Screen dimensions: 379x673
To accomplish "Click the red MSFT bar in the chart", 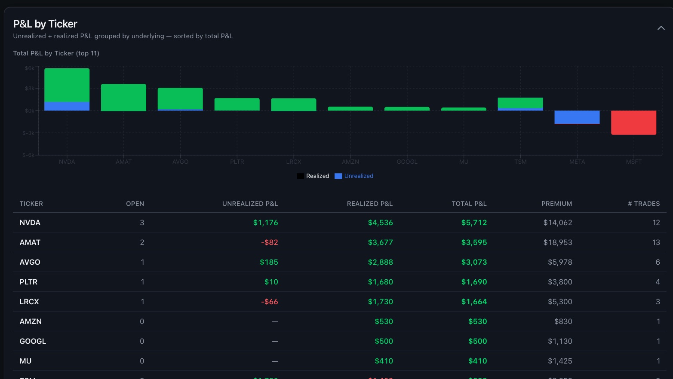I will coord(633,122).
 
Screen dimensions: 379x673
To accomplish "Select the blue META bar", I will coord(577,117).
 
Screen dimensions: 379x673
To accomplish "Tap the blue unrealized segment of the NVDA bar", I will coord(67,106).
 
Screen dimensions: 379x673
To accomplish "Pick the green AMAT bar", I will coord(123,98).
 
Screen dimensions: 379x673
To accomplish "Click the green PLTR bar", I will coord(237,104).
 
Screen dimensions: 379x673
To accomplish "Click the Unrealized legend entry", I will coord(354,176).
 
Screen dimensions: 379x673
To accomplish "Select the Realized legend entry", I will coord(313,176).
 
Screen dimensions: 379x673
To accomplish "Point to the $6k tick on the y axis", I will coord(30,68).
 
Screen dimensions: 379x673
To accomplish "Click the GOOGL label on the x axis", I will coord(407,162).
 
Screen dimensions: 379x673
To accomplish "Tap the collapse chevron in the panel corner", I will coord(661,28).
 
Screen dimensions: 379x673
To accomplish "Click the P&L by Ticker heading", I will coord(45,24).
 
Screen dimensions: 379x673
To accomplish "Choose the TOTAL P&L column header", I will coord(469,204).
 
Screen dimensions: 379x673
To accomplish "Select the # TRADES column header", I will coord(643,204).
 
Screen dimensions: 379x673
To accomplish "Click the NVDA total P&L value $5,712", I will coord(474,223).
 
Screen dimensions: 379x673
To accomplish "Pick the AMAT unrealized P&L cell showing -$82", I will coord(269,242).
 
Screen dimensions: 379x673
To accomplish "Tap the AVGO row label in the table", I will coord(30,262).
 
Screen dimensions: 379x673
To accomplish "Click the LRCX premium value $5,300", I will coord(560,302).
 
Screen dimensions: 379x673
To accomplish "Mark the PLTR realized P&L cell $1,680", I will coord(380,282).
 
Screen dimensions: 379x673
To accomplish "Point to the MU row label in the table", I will coord(26,361).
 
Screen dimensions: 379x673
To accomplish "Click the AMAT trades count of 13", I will coord(656,242).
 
